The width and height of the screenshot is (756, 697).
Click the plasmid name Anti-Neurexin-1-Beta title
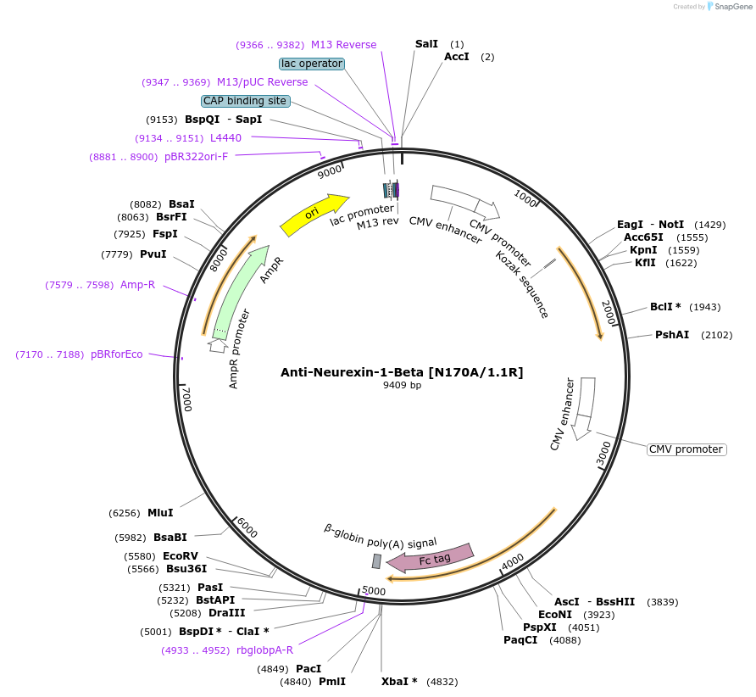pos(402,372)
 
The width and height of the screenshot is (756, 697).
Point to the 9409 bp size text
pos(402,386)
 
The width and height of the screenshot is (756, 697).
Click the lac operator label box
pos(312,64)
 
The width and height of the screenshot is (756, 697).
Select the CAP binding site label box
pos(245,101)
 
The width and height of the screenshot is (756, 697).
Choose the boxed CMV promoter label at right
pos(687,449)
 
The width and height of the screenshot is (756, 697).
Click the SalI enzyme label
pos(426,44)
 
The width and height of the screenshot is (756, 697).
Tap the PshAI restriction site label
pos(670,335)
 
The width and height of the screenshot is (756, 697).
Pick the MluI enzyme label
pos(160,513)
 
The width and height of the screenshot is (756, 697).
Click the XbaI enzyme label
pos(399,682)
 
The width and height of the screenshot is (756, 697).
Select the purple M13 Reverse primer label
pos(343,45)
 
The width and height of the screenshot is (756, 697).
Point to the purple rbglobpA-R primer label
pos(264,650)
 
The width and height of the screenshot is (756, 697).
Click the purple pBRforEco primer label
pos(117,354)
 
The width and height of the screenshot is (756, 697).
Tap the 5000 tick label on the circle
pos(374,591)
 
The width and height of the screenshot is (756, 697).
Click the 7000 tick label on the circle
pos(186,399)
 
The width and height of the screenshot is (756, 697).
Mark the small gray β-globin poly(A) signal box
pos(376,561)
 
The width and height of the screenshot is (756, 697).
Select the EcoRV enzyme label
pos(181,556)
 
